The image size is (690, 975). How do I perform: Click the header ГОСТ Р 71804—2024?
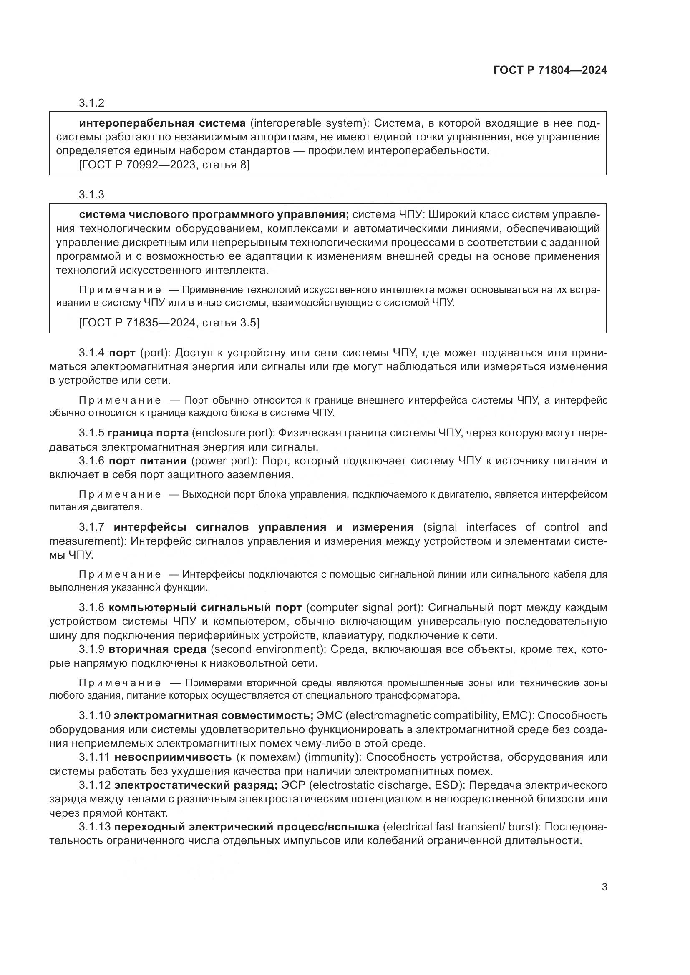(x=550, y=70)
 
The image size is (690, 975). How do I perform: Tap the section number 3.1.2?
(x=91, y=103)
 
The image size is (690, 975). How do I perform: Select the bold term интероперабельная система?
(x=162, y=123)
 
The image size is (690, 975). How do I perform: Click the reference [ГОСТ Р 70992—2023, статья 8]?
(x=164, y=165)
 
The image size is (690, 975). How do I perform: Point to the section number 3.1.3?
(x=91, y=195)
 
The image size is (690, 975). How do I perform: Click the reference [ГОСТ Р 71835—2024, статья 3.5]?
(x=169, y=323)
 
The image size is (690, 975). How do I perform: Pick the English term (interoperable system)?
(x=310, y=123)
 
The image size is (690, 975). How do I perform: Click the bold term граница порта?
(x=148, y=433)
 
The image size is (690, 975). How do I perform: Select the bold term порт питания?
(x=148, y=461)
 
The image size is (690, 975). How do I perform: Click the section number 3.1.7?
(x=91, y=527)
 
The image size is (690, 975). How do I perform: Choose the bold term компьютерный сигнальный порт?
(x=205, y=608)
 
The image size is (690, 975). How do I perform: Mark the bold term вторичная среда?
(x=158, y=649)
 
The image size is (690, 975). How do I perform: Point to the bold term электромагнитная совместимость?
(x=214, y=716)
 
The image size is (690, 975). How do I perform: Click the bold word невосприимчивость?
(x=174, y=757)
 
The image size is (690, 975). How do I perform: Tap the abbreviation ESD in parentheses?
(x=447, y=785)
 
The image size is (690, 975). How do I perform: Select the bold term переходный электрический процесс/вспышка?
(x=247, y=827)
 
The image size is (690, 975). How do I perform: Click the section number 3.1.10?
(x=94, y=716)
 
